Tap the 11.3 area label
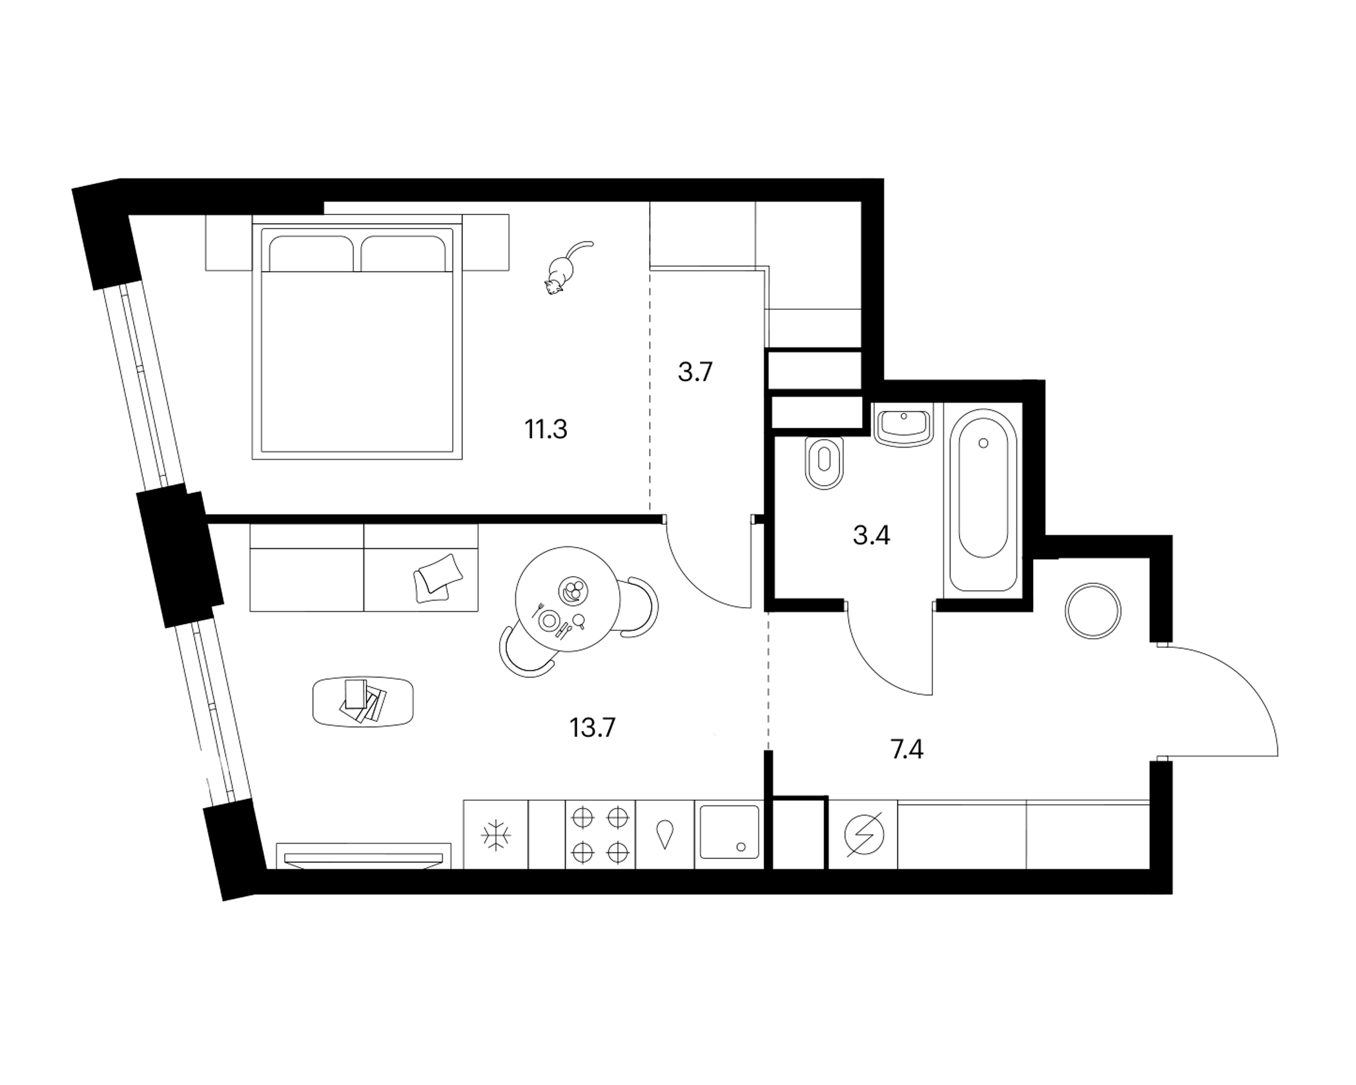pos(546,429)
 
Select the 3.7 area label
pos(695,373)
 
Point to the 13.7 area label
pos(593,728)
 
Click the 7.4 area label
pos(907,750)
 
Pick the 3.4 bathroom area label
pos(872,535)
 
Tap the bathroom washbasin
pos(904,424)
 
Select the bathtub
pos(983,500)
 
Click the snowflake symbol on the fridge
pos(496,836)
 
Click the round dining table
pos(568,599)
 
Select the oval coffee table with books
pos(363,702)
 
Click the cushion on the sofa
pos(439,578)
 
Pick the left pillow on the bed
pos(311,253)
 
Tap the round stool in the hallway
pos(1093,611)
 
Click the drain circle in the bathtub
pos(983,443)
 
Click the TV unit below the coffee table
pos(364,855)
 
